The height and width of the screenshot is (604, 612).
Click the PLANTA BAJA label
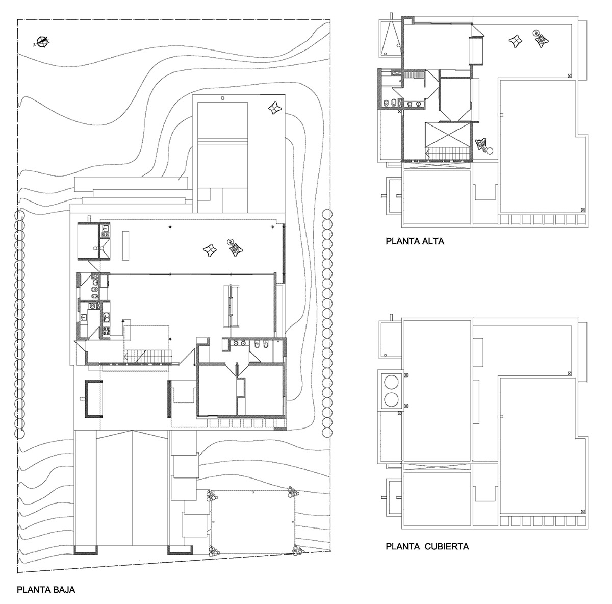point(46,590)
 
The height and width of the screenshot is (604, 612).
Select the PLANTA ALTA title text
point(415,241)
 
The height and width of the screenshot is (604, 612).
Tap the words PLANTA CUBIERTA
point(427,546)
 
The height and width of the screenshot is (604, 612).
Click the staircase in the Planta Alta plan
point(447,152)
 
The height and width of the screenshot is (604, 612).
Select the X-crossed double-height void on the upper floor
point(447,134)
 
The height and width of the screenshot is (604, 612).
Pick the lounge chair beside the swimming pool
point(275,108)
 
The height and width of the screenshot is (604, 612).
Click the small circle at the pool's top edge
point(222,98)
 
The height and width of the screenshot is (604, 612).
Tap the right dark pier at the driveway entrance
point(180,549)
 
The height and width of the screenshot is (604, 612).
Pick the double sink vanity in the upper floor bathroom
point(414,104)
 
